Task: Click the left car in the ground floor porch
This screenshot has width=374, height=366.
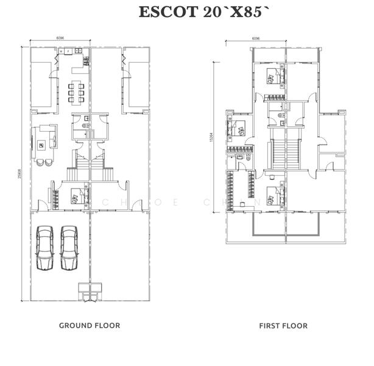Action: pos(45,249)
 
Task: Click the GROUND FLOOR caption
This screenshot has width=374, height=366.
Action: pos(90,326)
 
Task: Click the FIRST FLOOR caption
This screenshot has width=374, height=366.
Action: pos(283,326)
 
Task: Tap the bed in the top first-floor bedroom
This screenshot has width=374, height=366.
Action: pos(273,77)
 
